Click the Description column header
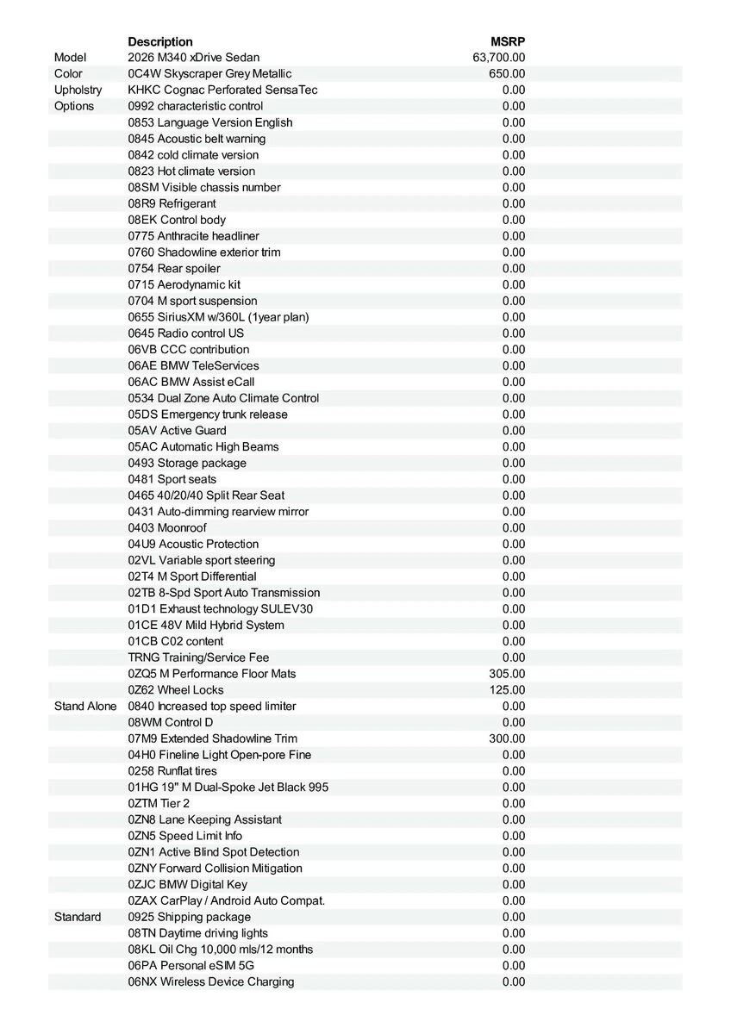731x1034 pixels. pyautogui.click(x=160, y=41)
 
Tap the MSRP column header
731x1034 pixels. pyautogui.click(x=508, y=41)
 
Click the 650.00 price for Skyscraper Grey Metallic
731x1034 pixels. pyautogui.click(x=507, y=74)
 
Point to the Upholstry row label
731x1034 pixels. pyautogui.click(x=78, y=90)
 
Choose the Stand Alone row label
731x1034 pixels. pyautogui.click(x=85, y=707)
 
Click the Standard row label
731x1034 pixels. pyautogui.click(x=78, y=917)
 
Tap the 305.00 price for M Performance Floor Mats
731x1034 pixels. pyautogui.click(x=507, y=674)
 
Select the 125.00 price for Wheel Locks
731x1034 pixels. pyautogui.click(x=507, y=690)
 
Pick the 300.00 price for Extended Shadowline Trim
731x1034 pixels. pyautogui.click(x=507, y=738)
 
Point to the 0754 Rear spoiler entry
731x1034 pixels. pyautogui.click(x=174, y=269)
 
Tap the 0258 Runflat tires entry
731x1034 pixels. pyautogui.click(x=172, y=771)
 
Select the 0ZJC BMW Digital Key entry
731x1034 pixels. pyautogui.click(x=188, y=885)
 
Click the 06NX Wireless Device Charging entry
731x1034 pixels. pyautogui.click(x=211, y=982)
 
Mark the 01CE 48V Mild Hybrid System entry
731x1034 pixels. pyautogui.click(x=206, y=626)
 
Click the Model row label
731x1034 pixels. pyautogui.click(x=71, y=58)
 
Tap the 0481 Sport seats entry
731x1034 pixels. pyautogui.click(x=172, y=479)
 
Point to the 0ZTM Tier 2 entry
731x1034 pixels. pyautogui.click(x=159, y=804)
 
